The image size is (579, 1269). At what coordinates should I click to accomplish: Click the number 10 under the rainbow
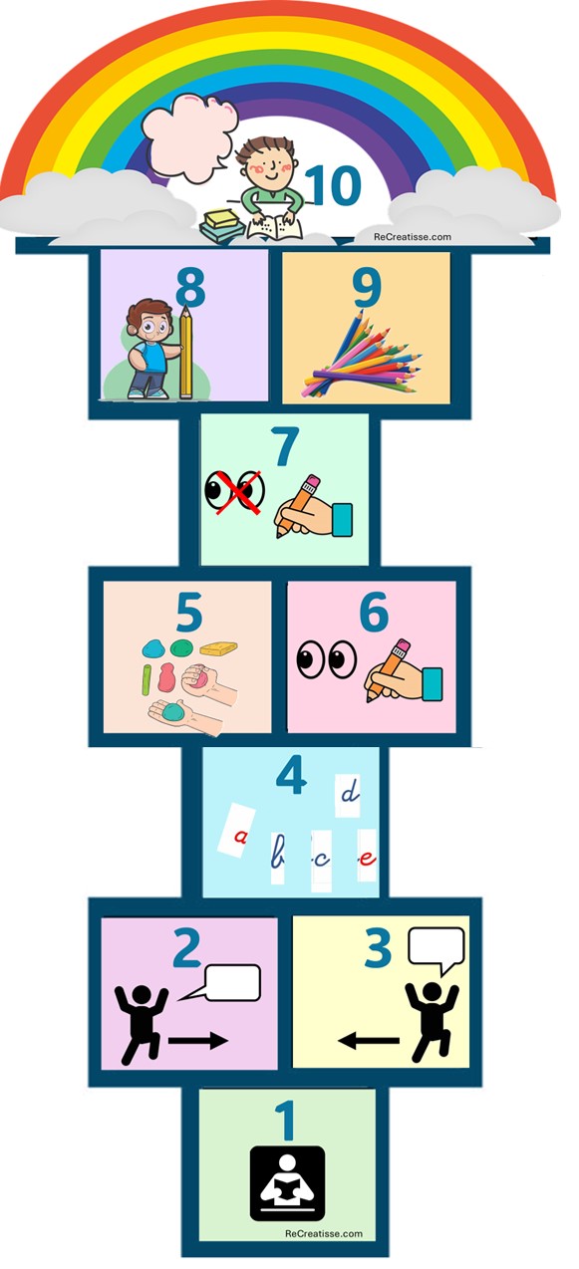pyautogui.click(x=334, y=185)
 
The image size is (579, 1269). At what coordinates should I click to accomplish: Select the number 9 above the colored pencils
pyautogui.click(x=367, y=287)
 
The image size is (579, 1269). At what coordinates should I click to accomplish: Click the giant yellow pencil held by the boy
pyautogui.click(x=185, y=352)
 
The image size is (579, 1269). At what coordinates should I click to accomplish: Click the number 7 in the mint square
pyautogui.click(x=284, y=446)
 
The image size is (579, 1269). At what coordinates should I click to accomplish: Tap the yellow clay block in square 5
pyautogui.click(x=219, y=647)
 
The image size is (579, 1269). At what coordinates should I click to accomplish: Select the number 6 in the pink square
pyautogui.click(x=374, y=612)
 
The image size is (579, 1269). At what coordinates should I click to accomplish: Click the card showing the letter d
pyautogui.click(x=348, y=796)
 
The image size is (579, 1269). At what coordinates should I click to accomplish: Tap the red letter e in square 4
pyautogui.click(x=368, y=858)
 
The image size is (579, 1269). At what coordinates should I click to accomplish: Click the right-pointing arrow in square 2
pyautogui.click(x=197, y=1040)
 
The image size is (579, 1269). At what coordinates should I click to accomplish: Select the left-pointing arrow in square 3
pyautogui.click(x=369, y=1040)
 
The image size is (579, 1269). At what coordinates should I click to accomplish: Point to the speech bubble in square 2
pyautogui.click(x=221, y=983)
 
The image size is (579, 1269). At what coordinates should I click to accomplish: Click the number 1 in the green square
pyautogui.click(x=287, y=1120)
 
